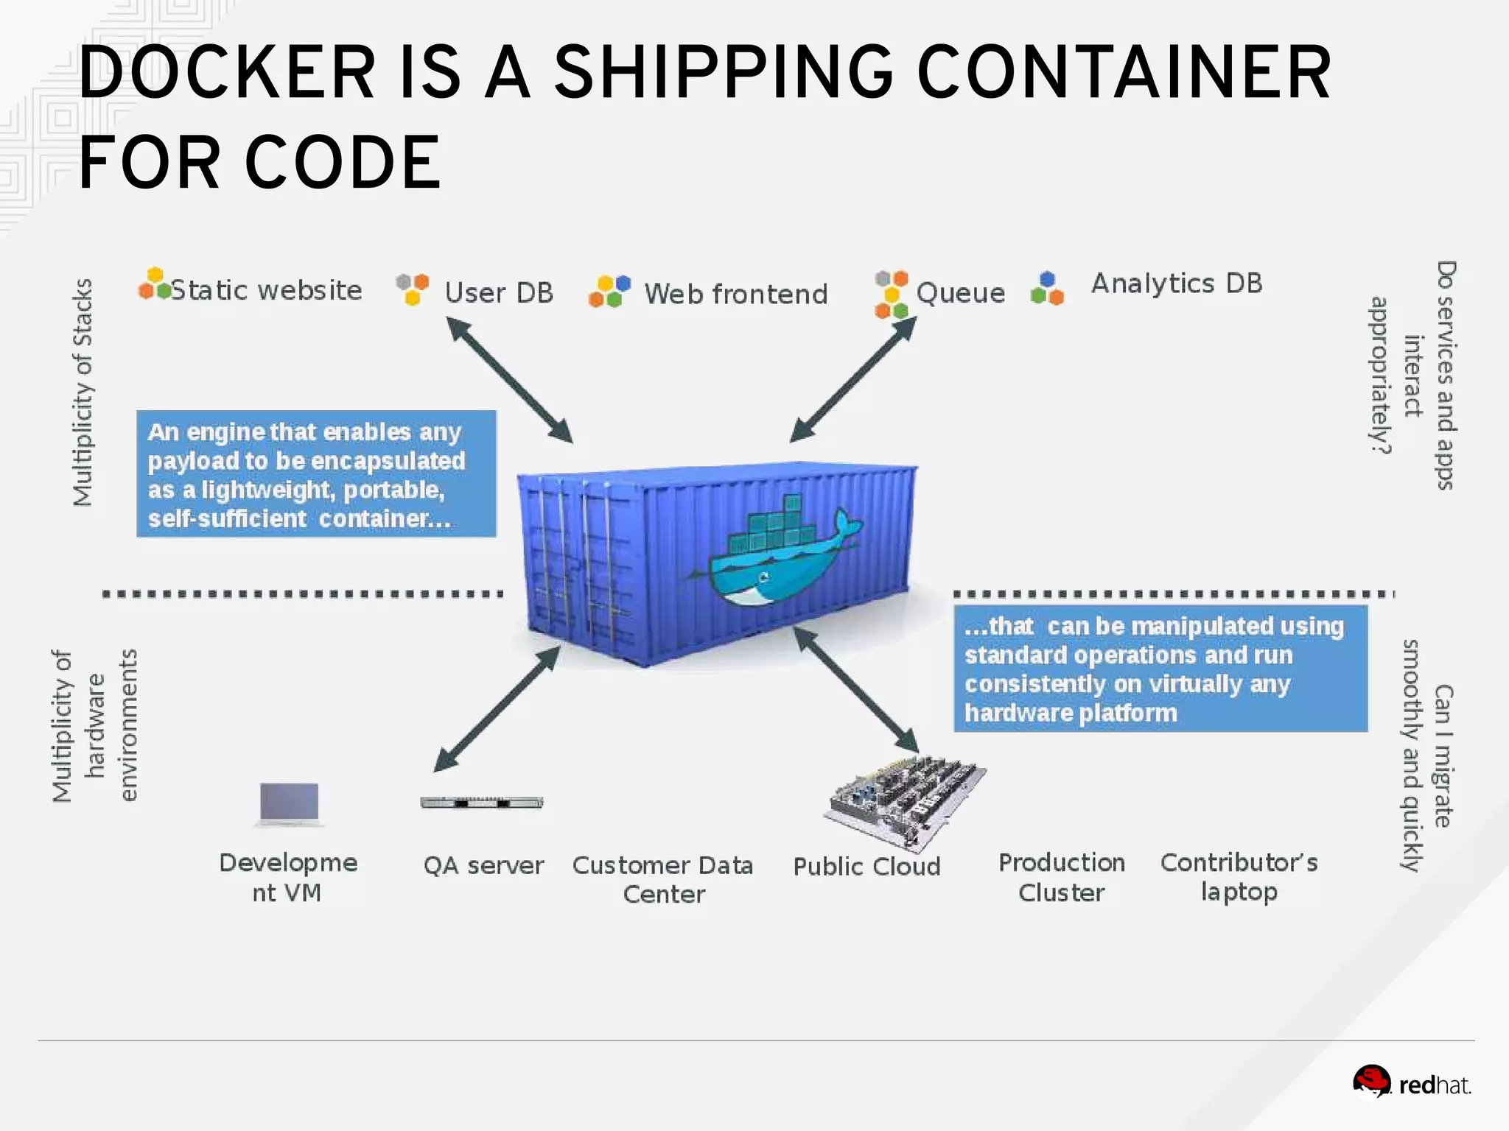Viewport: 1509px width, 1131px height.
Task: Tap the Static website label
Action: pyautogui.click(x=266, y=290)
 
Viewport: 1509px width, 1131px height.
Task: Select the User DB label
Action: pyautogui.click(x=499, y=293)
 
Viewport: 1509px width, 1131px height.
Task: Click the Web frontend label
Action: pyautogui.click(x=735, y=294)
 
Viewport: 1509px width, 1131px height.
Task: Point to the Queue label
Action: pyautogui.click(x=960, y=293)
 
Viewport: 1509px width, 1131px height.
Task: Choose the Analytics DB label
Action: pyautogui.click(x=1177, y=283)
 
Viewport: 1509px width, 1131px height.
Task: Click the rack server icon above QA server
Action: pyautogui.click(x=482, y=803)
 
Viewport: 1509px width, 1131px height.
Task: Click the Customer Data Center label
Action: pyautogui.click(x=663, y=879)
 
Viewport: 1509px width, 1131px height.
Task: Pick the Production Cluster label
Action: pyautogui.click(x=1062, y=877)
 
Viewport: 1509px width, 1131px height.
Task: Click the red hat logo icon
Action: pyautogui.click(x=1371, y=1081)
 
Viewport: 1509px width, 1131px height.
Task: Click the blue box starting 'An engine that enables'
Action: pyautogui.click(x=316, y=474)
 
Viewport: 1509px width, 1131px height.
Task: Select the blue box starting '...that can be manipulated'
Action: pyautogui.click(x=1160, y=669)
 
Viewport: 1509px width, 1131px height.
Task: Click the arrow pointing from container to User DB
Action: pyautogui.click(x=509, y=380)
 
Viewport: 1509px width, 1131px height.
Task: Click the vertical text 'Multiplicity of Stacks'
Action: pyautogui.click(x=83, y=392)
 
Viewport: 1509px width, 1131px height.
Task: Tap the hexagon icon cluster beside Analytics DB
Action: pyautogui.click(x=1047, y=289)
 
